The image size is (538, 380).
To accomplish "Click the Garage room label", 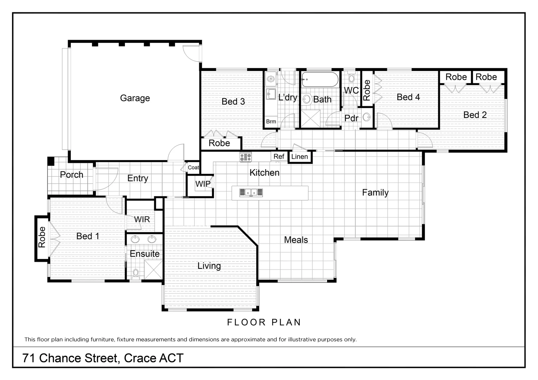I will (x=135, y=98).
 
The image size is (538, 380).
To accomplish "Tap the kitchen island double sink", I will (x=251, y=192).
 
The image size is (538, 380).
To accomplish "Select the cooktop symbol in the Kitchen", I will (x=246, y=157).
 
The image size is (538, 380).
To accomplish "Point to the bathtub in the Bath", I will (x=320, y=80).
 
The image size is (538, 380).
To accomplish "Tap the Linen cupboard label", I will (x=300, y=157).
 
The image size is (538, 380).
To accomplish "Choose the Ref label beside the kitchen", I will (x=279, y=157).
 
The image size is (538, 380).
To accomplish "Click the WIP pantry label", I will (x=203, y=184).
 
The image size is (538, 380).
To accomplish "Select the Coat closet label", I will (x=193, y=167).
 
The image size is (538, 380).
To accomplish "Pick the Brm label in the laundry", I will (x=271, y=122).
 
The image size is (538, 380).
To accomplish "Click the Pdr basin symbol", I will (x=367, y=117).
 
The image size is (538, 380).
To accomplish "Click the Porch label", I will (x=71, y=175).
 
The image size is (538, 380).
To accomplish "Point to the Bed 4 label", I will (x=408, y=97).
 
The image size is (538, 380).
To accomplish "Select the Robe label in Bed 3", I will (x=219, y=143).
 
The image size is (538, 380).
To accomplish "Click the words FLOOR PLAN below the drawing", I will (x=264, y=322).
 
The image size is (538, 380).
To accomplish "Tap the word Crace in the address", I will (x=140, y=358).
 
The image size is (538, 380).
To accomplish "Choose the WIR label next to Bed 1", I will (x=142, y=220).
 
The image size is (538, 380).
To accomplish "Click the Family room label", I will (x=375, y=192).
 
